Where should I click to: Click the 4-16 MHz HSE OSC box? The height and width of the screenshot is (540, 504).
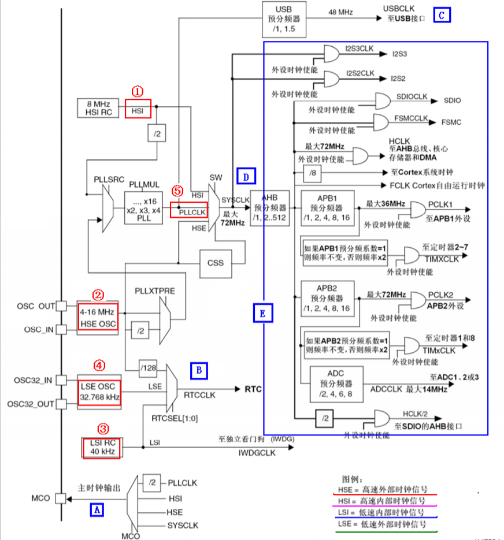[98, 316]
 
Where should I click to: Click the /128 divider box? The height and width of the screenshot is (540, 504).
[149, 367]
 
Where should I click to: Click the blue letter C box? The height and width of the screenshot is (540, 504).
[442, 16]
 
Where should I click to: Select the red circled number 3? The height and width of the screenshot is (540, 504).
[103, 429]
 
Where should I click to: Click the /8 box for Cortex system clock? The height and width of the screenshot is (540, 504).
[312, 173]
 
